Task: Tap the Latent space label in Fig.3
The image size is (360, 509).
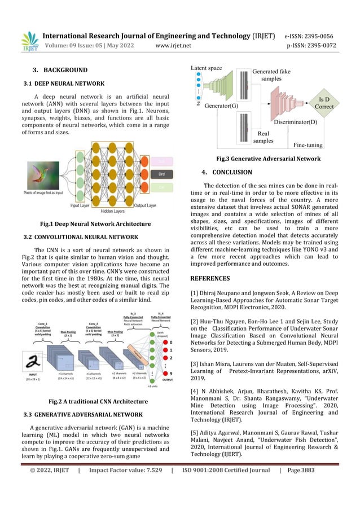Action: (206, 68)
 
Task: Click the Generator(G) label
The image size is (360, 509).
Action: (221, 105)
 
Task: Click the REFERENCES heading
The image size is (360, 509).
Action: (210, 278)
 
